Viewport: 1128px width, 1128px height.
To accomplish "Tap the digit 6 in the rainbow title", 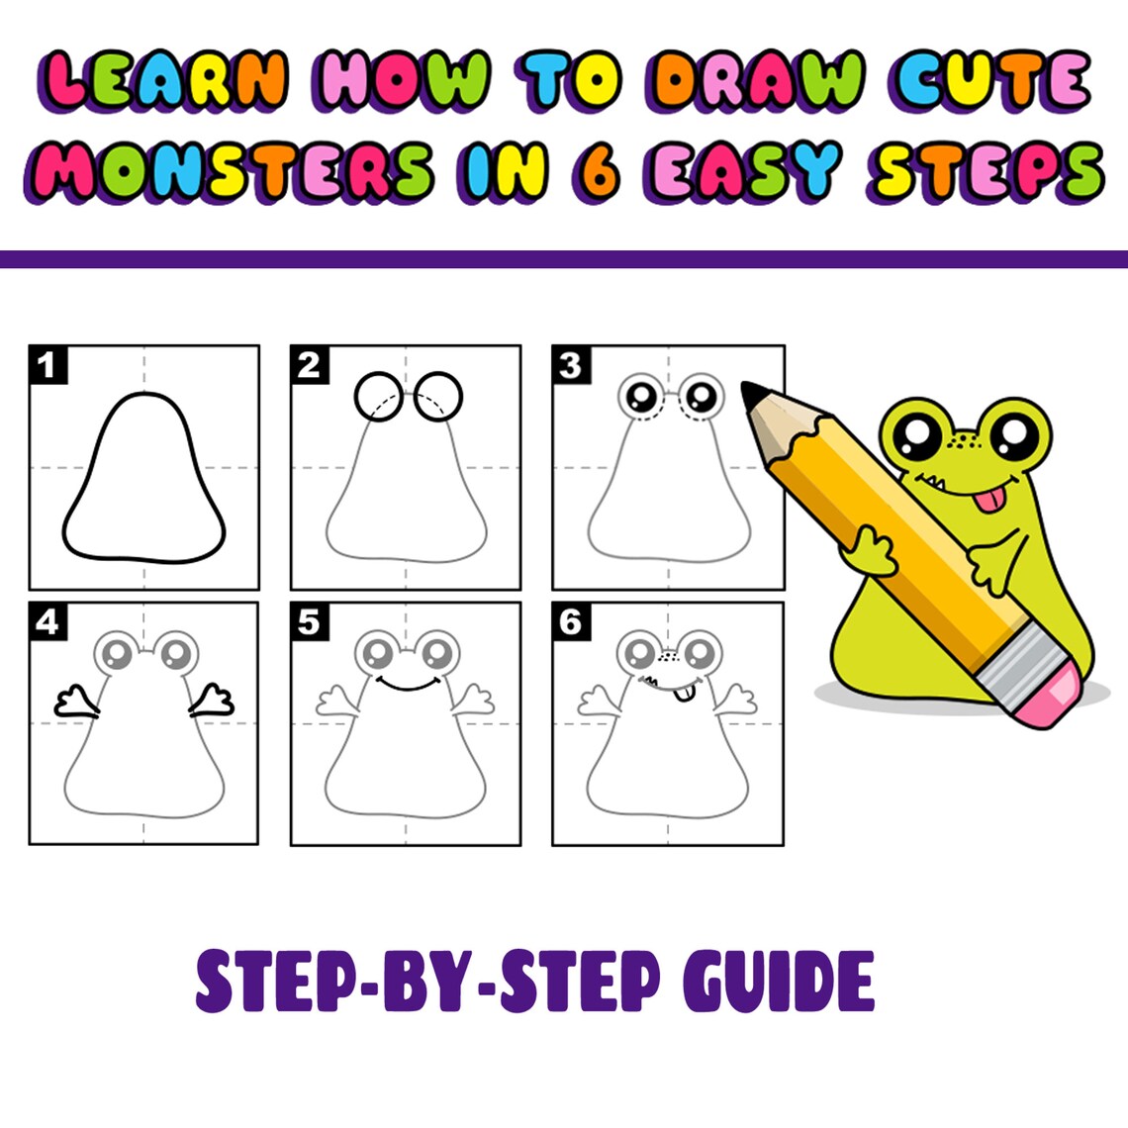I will [x=597, y=169].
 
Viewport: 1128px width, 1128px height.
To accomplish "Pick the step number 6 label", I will [x=570, y=621].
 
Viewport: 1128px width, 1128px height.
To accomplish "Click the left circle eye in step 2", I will [x=376, y=396].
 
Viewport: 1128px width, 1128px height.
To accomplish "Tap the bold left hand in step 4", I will [x=75, y=702].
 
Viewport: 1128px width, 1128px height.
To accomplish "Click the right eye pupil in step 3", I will [x=703, y=397].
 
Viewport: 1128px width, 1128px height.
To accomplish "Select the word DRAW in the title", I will [x=758, y=79].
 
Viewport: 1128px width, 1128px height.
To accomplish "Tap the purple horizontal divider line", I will [x=564, y=259].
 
